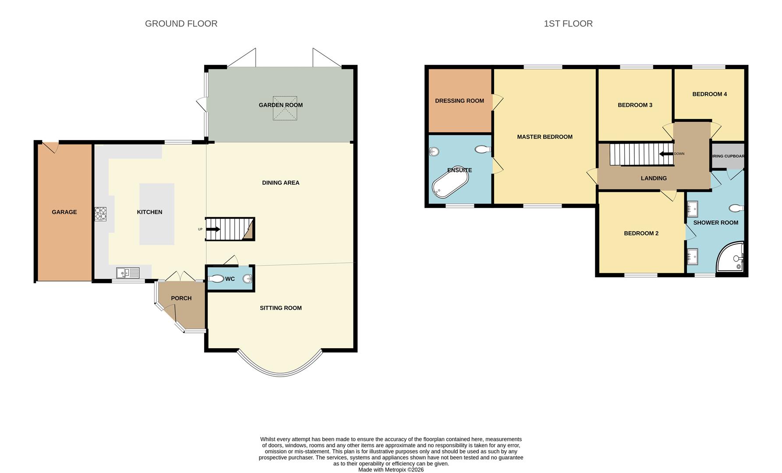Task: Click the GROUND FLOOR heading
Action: click(181, 24)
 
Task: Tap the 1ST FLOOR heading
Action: click(568, 24)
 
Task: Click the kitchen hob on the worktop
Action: click(100, 214)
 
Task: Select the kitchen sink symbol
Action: click(127, 273)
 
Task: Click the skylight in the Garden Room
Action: click(285, 108)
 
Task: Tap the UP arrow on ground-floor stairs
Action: click(214, 229)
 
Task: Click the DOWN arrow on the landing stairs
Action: click(666, 154)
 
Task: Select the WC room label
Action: click(230, 279)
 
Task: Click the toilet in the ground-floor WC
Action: click(216, 279)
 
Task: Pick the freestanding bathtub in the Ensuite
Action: click(450, 182)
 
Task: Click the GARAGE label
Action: click(64, 212)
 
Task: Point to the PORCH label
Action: click(181, 298)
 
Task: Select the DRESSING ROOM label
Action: click(460, 101)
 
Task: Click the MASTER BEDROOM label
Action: click(545, 137)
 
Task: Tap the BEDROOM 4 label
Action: click(709, 94)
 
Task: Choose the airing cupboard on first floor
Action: click(727, 156)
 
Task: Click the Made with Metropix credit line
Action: click(391, 469)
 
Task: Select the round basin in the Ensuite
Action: click(434, 152)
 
